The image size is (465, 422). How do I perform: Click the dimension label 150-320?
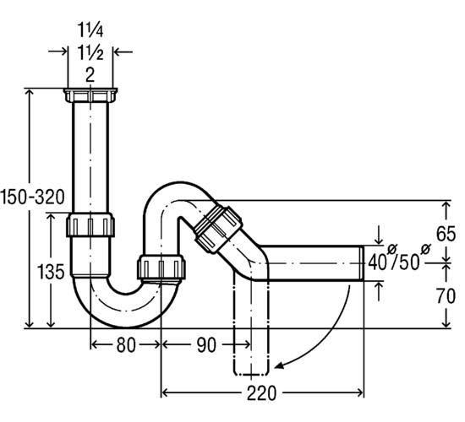pos(32,197)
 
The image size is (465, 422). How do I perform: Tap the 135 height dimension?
pos(51,272)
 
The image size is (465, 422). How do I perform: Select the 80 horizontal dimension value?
pos(126,345)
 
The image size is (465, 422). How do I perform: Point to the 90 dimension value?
pos(206,345)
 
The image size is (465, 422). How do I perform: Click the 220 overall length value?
pos(261,393)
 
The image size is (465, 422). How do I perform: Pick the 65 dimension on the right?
pos(446,234)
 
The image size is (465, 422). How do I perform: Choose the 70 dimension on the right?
pos(446,296)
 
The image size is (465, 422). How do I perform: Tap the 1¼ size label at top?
pos(90,30)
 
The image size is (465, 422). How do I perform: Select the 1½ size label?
pos(90,53)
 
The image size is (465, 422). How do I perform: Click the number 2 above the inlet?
pos(90,74)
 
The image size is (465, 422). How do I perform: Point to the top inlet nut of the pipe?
pos(90,95)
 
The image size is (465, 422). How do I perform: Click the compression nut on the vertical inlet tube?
pos(90,225)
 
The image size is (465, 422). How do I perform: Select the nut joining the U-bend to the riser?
pos(161,267)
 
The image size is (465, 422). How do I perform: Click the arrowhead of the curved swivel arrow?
pos(279,365)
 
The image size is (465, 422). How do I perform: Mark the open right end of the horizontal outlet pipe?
pos(363,263)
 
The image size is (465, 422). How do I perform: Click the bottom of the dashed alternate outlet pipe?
pos(251,374)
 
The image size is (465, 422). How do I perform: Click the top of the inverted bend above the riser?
pos(179,183)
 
